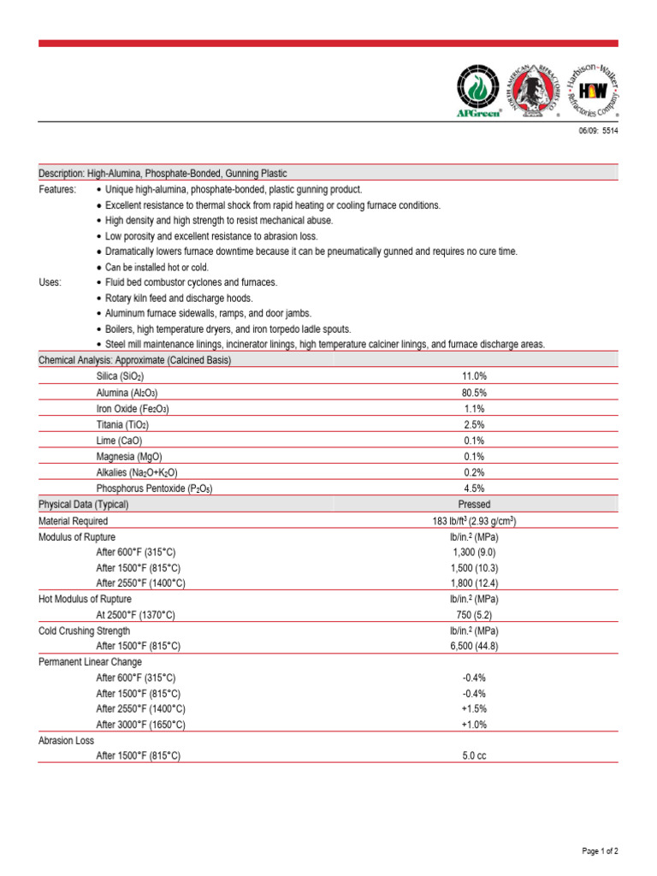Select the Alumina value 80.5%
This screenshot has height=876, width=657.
click(475, 392)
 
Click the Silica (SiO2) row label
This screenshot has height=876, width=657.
click(120, 376)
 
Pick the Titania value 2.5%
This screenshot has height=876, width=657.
click(475, 424)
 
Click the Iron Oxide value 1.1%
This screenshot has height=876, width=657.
click(475, 408)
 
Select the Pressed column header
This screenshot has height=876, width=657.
click(475, 505)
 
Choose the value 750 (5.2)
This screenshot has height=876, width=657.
click(475, 615)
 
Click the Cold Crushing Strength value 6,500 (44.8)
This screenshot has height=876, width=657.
click(475, 646)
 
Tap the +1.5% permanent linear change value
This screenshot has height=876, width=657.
click(475, 709)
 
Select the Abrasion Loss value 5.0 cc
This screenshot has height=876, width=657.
click(475, 756)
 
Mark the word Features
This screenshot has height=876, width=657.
click(57, 189)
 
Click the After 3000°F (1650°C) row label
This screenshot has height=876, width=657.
click(140, 725)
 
